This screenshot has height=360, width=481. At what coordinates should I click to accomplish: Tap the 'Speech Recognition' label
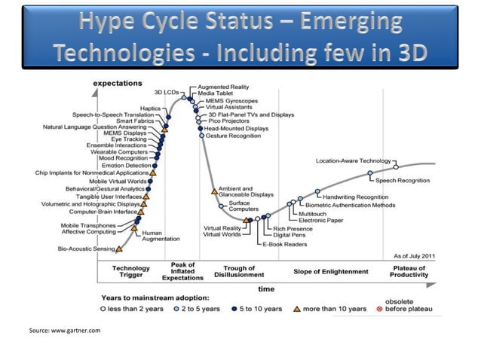point(403,181)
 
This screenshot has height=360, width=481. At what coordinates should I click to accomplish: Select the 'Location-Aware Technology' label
point(354,160)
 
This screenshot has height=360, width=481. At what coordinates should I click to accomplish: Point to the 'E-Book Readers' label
point(284,245)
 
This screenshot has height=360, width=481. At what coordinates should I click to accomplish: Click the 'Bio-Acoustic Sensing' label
point(87,249)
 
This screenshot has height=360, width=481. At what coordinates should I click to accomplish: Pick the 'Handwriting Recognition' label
point(355,197)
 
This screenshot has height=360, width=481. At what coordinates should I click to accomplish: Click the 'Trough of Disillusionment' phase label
point(239,272)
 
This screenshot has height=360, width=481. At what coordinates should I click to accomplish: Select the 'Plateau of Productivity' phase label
point(409,272)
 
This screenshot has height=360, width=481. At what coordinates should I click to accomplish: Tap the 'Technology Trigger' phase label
point(130,272)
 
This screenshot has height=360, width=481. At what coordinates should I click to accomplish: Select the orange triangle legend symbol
point(298,309)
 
